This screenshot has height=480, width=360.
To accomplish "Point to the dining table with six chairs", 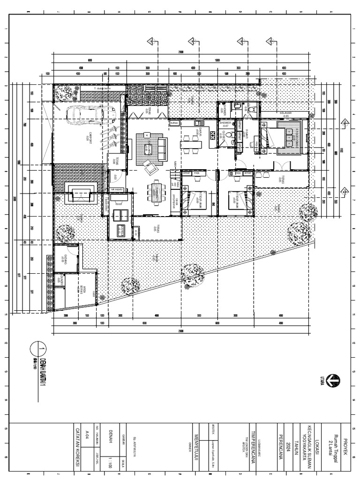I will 156,193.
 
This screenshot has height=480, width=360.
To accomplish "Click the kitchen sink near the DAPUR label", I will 212,136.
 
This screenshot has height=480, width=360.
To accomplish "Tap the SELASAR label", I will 286,114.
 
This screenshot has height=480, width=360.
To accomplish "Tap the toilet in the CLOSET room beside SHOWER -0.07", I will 231,135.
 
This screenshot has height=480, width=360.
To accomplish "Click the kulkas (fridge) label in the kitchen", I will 174,123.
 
